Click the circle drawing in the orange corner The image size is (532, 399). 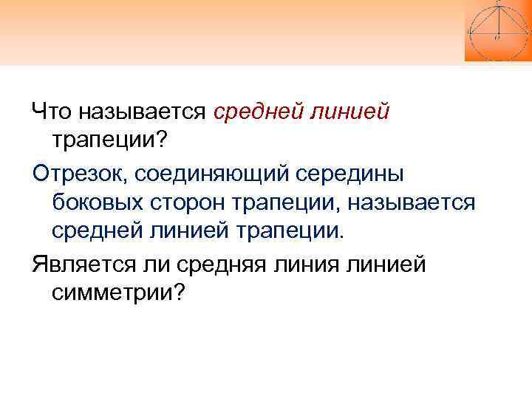click(497, 30)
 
